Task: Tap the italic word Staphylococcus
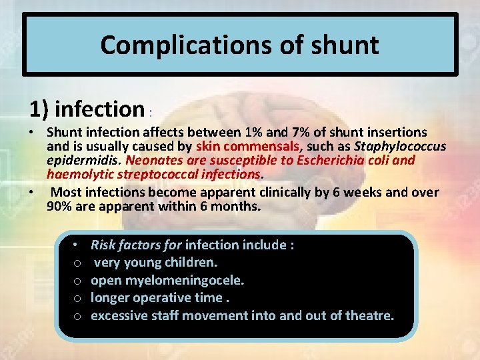[x=400, y=146]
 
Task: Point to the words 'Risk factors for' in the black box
[x=136, y=245]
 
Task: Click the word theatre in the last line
[x=369, y=314]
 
